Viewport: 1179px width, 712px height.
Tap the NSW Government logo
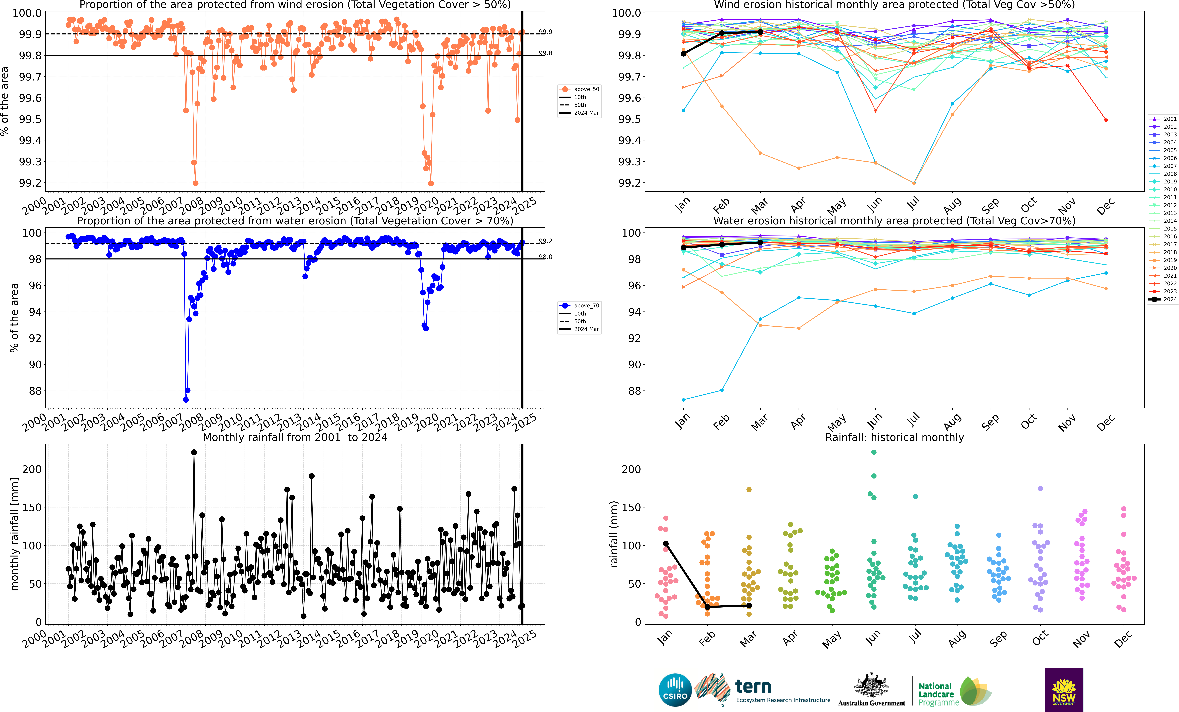pos(1064,690)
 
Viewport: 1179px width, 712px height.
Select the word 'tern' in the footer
pos(753,687)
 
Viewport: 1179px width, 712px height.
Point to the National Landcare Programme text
pos(938,694)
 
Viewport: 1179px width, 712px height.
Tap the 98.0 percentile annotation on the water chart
pos(546,257)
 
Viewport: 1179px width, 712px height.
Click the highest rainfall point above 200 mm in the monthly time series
pos(194,452)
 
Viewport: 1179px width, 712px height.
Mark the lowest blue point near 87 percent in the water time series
pos(186,400)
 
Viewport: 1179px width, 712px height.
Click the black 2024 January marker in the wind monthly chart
pos(683,54)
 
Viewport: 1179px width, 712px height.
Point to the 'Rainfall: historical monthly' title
pos(894,437)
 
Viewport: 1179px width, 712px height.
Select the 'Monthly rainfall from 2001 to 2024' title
pos(295,437)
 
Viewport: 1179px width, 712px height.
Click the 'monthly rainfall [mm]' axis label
pos(14,534)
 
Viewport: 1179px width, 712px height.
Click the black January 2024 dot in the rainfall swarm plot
pos(666,544)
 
